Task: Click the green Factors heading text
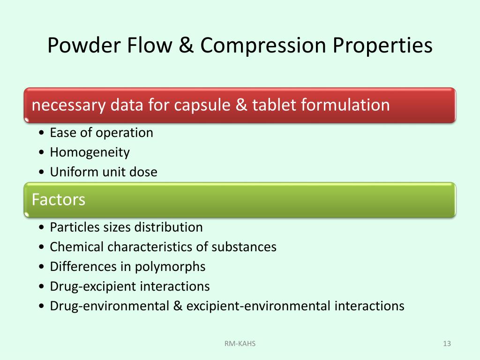(59, 200)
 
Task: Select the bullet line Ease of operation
(101, 133)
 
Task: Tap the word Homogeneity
(90, 152)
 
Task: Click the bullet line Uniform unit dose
(104, 172)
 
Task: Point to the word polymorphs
(170, 267)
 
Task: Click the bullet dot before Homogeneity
(42, 153)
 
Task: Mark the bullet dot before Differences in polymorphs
(42, 267)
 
